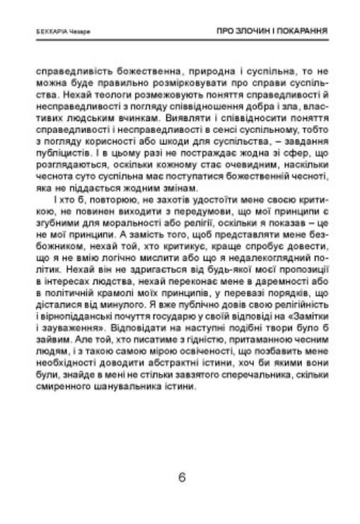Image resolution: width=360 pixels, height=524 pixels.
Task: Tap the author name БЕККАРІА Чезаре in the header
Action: point(54,32)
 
